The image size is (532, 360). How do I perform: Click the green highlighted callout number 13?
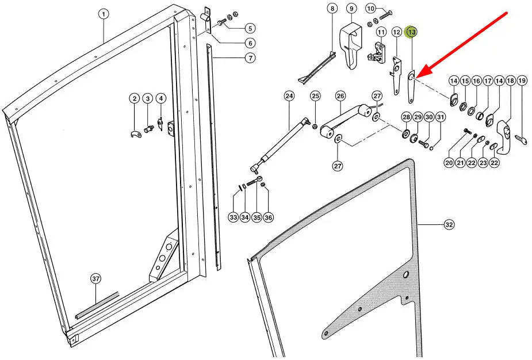click(x=412, y=32)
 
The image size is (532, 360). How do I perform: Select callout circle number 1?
click(x=104, y=14)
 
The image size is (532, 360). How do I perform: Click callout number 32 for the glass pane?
click(x=449, y=225)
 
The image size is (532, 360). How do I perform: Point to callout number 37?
click(x=96, y=279)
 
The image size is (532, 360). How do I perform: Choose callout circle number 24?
click(x=289, y=96)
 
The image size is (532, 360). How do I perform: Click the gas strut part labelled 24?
click(x=280, y=144)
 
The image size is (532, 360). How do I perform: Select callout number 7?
click(x=250, y=58)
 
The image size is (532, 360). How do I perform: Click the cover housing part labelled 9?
click(x=351, y=44)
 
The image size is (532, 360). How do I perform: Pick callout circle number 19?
click(x=522, y=81)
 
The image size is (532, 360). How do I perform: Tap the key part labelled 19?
click(x=521, y=139)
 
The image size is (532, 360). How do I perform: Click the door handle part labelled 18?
click(x=504, y=136)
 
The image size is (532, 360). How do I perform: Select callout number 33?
click(x=234, y=217)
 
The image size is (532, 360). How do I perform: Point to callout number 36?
click(x=269, y=217)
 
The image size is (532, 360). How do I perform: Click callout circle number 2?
click(x=135, y=99)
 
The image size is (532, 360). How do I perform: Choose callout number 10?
click(x=371, y=9)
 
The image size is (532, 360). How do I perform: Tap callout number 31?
click(x=441, y=117)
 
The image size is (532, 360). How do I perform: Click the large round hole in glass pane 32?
click(x=405, y=274)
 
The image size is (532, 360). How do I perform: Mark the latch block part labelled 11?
click(x=378, y=53)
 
